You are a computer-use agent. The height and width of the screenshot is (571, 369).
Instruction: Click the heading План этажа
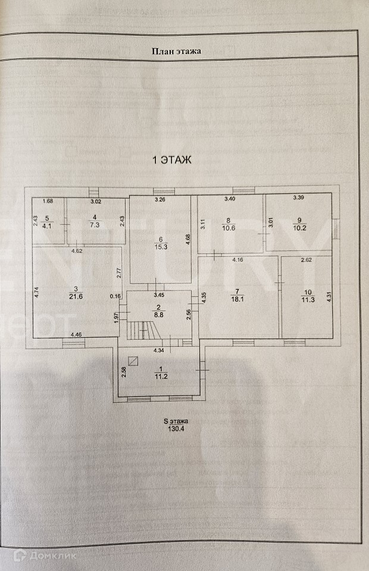pyautogui.click(x=176, y=51)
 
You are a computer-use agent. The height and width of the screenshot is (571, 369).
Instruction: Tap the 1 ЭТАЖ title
pyautogui.click(x=171, y=160)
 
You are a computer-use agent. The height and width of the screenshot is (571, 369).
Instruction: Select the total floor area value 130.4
pyautogui.click(x=176, y=429)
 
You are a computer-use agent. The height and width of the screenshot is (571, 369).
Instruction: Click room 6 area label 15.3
pyautogui.click(x=161, y=247)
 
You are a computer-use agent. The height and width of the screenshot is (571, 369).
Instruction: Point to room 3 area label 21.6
pyautogui.click(x=76, y=296)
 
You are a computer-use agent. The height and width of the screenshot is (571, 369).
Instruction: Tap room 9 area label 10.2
pyautogui.click(x=299, y=228)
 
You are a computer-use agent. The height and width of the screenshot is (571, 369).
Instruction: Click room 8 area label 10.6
pyautogui.click(x=228, y=228)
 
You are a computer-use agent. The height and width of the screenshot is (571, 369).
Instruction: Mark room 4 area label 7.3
pyautogui.click(x=95, y=225)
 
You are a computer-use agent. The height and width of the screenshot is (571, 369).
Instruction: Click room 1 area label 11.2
pyautogui.click(x=161, y=377)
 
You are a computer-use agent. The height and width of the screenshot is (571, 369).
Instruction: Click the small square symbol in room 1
pyautogui.click(x=135, y=360)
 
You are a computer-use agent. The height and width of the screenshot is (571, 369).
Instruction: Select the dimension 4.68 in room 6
pyautogui.click(x=187, y=239)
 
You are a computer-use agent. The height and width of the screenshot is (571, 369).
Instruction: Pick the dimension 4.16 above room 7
pyautogui.click(x=238, y=260)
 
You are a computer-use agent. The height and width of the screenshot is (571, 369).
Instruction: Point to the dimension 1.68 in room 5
pyautogui.click(x=48, y=201)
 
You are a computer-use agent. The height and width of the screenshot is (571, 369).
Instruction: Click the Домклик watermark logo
pyautogui.click(x=45, y=556)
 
